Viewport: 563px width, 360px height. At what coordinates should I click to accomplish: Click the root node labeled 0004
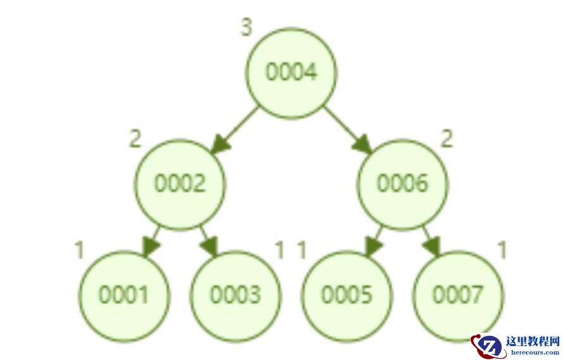(x=291, y=73)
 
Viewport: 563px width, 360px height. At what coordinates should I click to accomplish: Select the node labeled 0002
(x=180, y=184)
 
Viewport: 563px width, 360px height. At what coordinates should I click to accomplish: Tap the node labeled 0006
(x=402, y=184)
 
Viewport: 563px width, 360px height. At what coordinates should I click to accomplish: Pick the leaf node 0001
(x=125, y=296)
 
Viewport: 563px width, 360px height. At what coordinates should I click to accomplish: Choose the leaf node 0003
(x=235, y=296)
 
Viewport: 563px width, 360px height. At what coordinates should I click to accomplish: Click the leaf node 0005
(x=347, y=296)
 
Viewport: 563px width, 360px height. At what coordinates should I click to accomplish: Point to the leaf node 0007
(x=458, y=296)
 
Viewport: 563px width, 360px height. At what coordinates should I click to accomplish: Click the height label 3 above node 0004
(x=246, y=27)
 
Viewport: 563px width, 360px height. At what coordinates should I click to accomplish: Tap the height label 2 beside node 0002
(x=135, y=139)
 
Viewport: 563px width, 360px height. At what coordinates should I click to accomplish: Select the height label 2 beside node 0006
(x=447, y=139)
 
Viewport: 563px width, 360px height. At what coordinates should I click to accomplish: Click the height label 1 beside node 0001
(x=80, y=250)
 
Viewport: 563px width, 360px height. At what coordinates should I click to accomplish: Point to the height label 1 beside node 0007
(x=502, y=250)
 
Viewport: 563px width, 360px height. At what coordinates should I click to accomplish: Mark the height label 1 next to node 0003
(x=280, y=250)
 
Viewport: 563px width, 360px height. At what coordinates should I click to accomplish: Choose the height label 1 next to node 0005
(x=302, y=250)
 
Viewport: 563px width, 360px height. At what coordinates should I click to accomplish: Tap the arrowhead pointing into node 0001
(x=151, y=247)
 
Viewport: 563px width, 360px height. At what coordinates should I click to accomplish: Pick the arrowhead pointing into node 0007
(x=432, y=247)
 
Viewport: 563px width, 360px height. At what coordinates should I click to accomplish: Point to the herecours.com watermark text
(x=535, y=352)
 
